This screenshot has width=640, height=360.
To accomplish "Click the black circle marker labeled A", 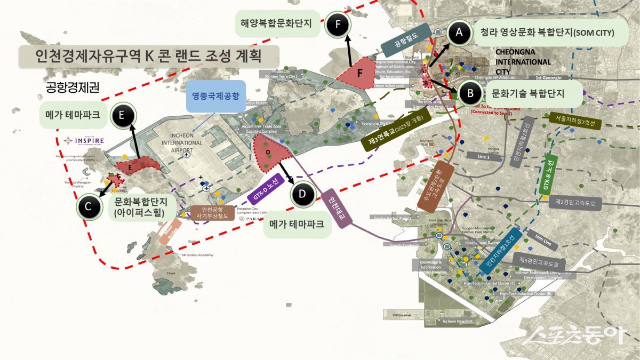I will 459,34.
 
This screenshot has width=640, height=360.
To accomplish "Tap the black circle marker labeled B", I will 470,93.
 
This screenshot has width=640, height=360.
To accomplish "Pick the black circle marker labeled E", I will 123,115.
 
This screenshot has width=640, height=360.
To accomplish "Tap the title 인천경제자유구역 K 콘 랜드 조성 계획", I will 148,55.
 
